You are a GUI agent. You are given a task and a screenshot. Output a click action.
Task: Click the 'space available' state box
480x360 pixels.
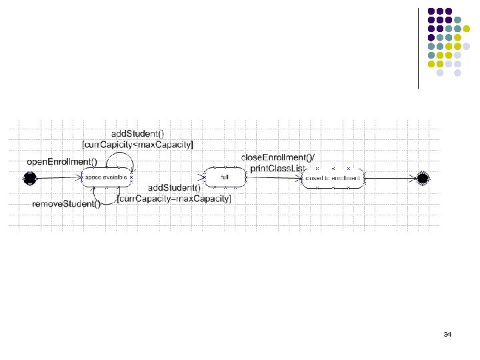pyautogui.click(x=107, y=178)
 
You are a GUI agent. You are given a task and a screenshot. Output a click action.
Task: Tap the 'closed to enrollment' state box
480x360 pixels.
pyautogui.click(x=333, y=178)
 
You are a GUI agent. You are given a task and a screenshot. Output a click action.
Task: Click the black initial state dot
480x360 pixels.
pyautogui.click(x=29, y=178)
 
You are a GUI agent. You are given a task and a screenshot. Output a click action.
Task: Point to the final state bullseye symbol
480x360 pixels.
pyautogui.click(x=421, y=178)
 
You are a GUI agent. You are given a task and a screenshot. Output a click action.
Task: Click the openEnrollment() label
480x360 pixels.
pyautogui.click(x=61, y=161)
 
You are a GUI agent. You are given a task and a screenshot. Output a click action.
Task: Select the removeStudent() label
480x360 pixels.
pyautogui.click(x=67, y=204)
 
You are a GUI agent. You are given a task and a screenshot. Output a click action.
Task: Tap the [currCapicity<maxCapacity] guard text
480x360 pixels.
pyautogui.click(x=137, y=145)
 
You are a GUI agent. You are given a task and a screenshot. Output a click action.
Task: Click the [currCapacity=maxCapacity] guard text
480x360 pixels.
pyautogui.click(x=174, y=199)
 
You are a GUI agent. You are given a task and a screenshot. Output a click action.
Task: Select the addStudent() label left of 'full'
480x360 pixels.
pyautogui.click(x=174, y=188)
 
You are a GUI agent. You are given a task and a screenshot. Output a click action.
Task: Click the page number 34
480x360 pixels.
pyautogui.click(x=447, y=333)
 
